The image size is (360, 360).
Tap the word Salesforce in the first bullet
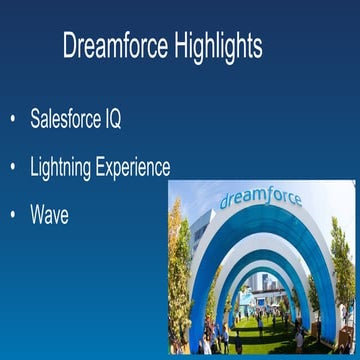(x=66, y=121)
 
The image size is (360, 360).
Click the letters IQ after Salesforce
(x=113, y=121)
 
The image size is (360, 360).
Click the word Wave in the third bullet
(x=50, y=214)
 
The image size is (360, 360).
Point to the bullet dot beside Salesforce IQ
(x=12, y=121)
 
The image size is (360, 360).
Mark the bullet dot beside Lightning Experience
(x=12, y=167)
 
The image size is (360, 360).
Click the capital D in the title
(x=69, y=46)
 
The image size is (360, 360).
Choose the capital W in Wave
(x=37, y=214)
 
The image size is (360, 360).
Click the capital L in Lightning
(x=34, y=167)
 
